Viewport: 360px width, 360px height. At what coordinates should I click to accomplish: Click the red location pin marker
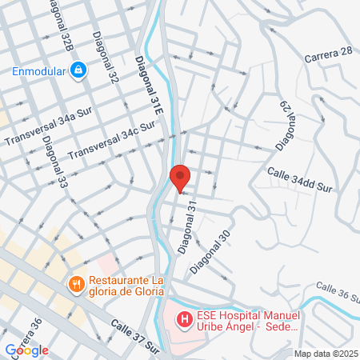(x=180, y=177)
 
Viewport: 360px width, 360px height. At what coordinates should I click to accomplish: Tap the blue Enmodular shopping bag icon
(x=78, y=70)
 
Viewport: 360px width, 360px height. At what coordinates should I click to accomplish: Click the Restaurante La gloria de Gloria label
(x=129, y=286)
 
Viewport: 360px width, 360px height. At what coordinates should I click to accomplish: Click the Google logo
(x=26, y=350)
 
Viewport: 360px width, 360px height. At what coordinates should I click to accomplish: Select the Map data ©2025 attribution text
(x=326, y=354)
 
